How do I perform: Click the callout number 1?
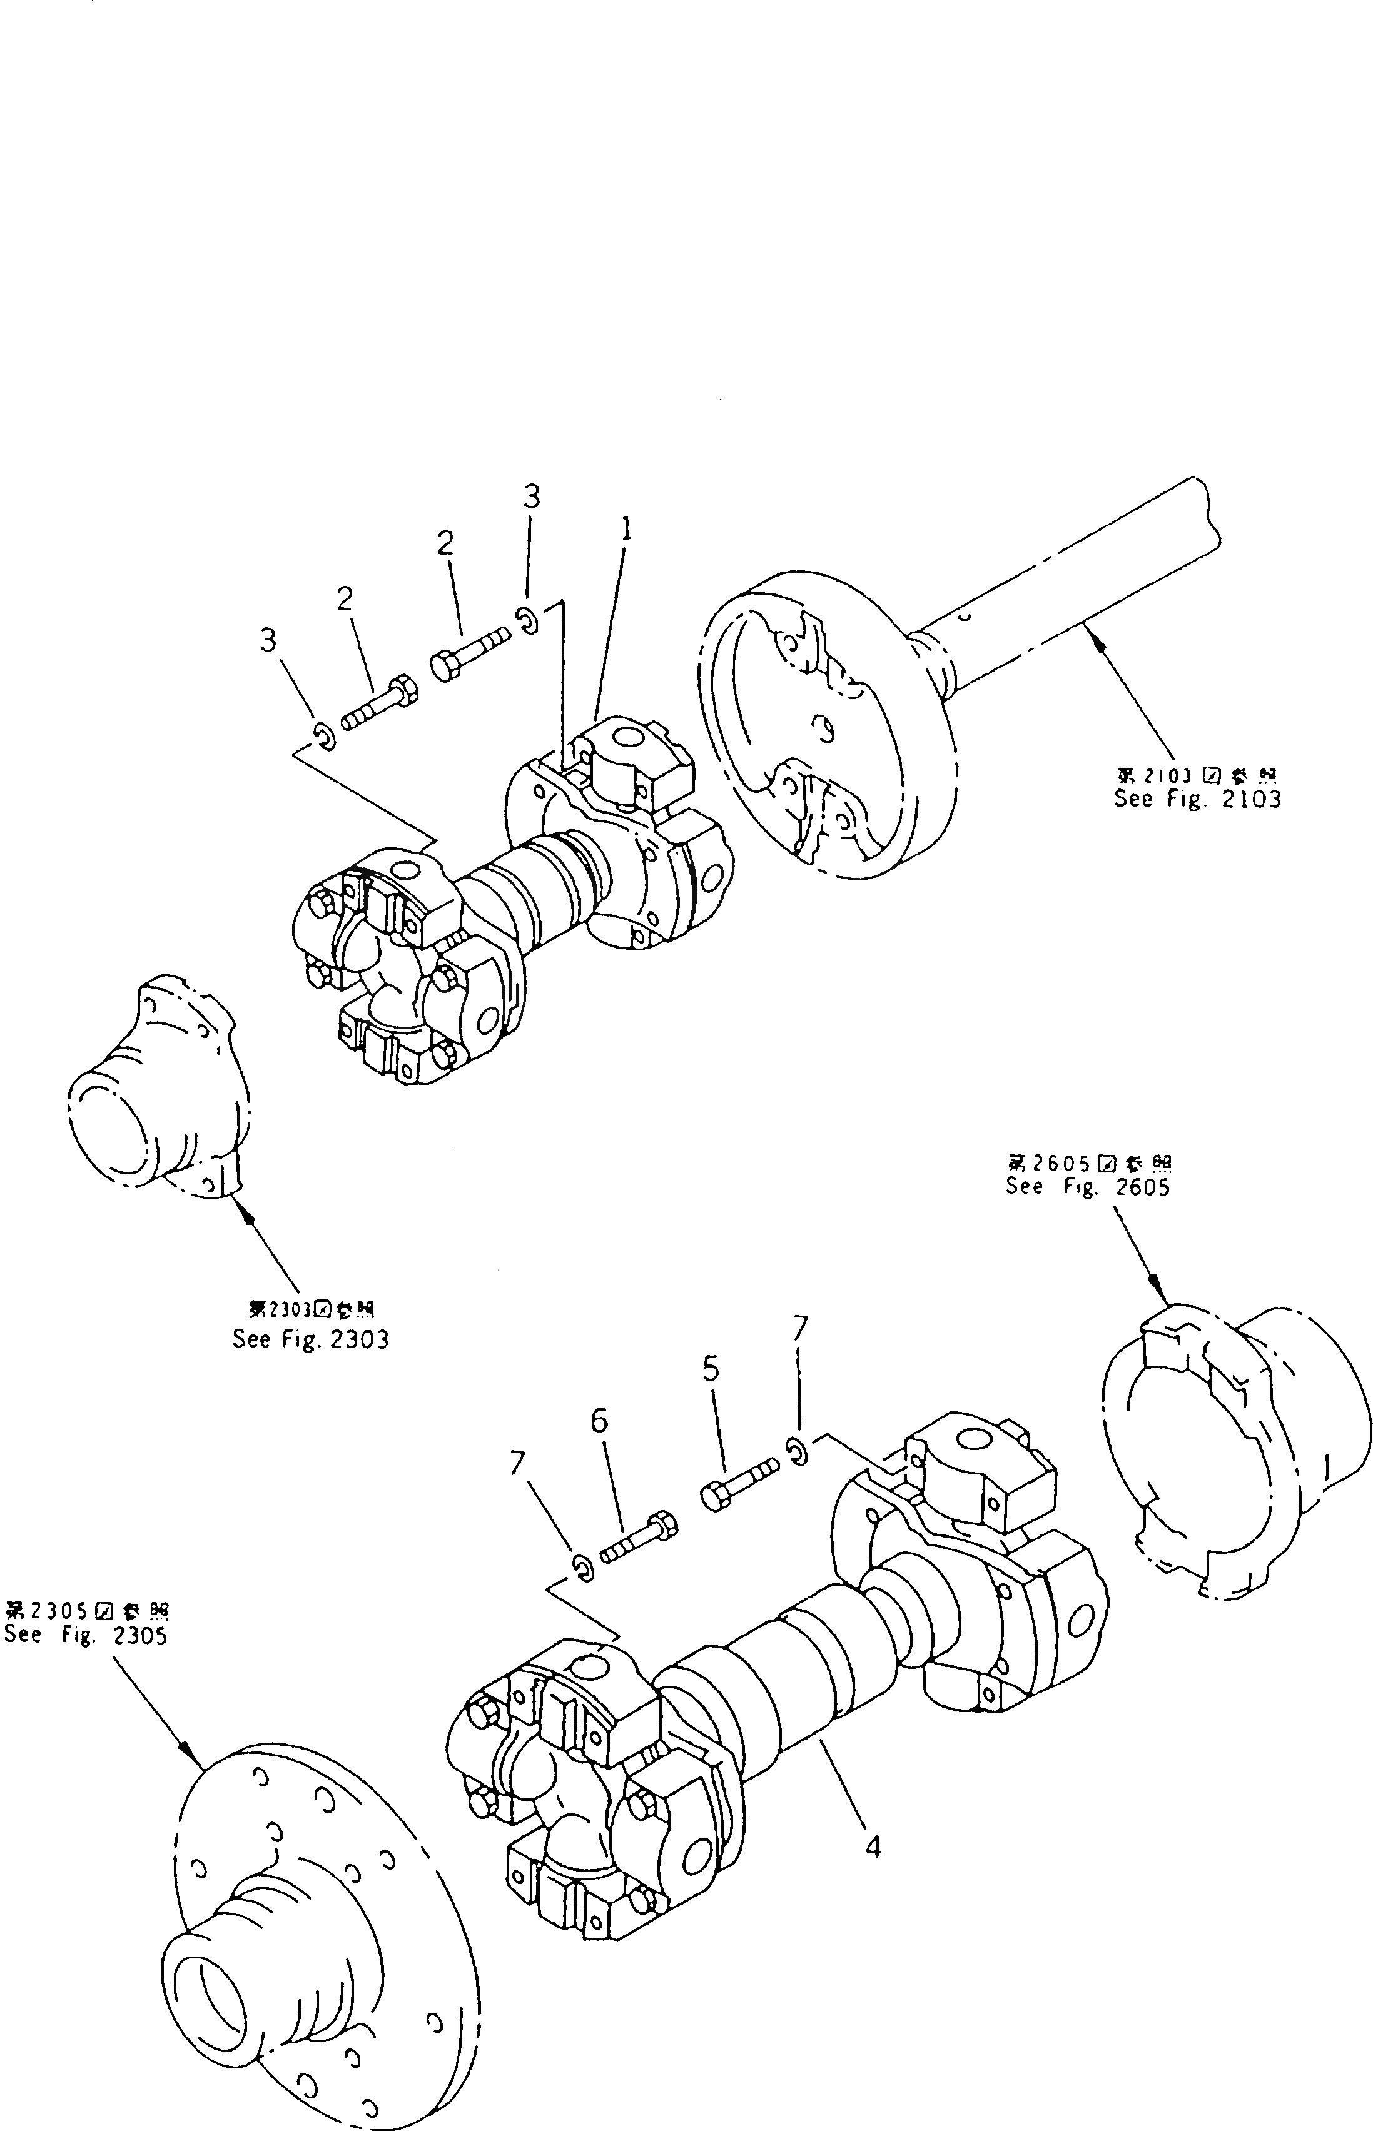tap(627, 531)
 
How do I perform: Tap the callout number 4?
tap(873, 1848)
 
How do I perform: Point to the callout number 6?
tap(599, 1421)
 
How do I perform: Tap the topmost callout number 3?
tap(531, 496)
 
